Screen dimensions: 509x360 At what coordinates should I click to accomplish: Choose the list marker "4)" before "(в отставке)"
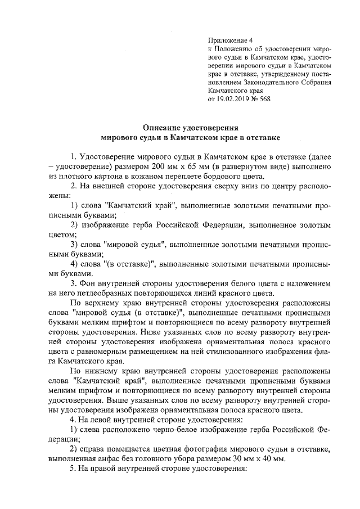pos(74,263)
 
